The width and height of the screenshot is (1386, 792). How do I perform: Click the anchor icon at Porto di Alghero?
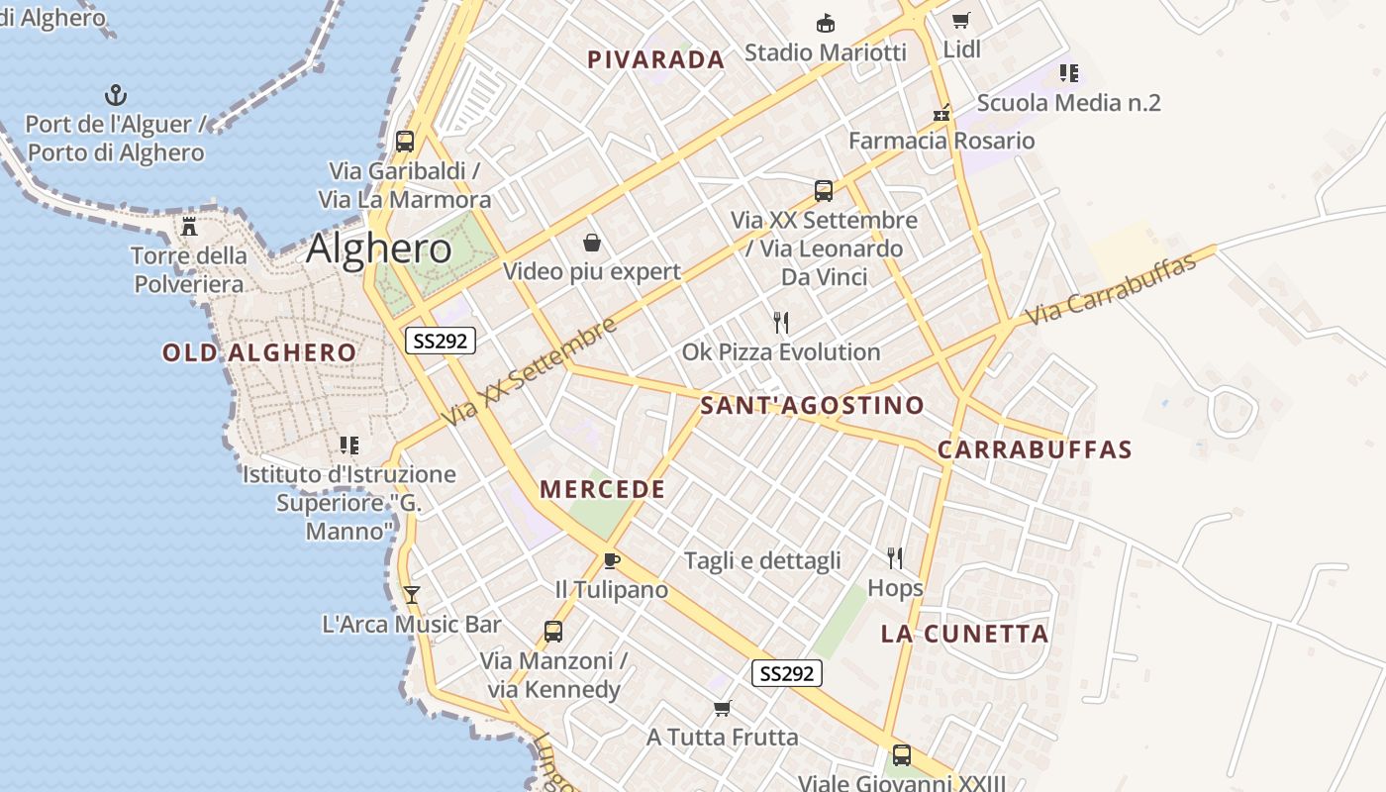(117, 95)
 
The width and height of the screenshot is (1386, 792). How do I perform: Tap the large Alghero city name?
(378, 247)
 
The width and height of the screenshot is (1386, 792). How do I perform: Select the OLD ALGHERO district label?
(259, 352)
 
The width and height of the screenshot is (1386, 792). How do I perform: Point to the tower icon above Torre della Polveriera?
(189, 227)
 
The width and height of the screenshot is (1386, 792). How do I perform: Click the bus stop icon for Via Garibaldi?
(405, 141)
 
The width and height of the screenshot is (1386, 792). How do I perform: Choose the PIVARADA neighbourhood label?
(655, 59)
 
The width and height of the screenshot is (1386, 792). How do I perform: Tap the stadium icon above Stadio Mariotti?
(825, 23)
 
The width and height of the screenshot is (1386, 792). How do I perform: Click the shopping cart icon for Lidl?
(960, 20)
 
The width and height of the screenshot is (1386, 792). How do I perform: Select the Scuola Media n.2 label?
(1068, 103)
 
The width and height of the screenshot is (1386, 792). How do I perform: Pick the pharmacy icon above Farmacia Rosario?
(941, 112)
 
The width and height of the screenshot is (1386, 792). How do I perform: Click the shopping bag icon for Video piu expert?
(592, 243)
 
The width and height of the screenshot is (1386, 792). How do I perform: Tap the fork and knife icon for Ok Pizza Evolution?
(781, 322)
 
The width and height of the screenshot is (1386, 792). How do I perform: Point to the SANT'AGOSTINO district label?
(812, 405)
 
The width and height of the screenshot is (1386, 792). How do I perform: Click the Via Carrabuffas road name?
(1119, 287)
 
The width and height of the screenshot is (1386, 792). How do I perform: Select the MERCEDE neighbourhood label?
(602, 489)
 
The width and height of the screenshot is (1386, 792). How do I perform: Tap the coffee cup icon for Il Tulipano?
(612, 561)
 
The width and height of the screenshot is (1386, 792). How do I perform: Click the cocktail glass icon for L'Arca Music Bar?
(412, 594)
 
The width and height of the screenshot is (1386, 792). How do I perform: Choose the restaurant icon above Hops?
(895, 558)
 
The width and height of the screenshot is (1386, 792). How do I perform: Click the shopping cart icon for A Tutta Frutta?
(723, 708)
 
